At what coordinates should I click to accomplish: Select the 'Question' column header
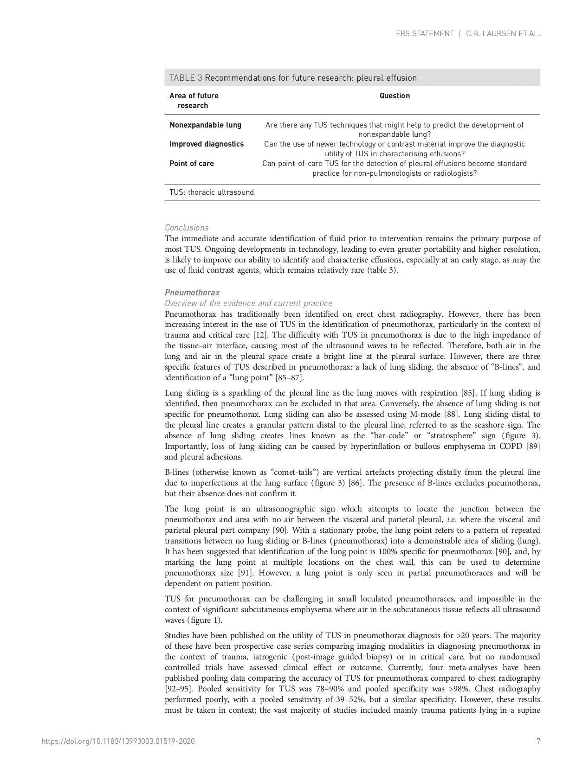(395, 96)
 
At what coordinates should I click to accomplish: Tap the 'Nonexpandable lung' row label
(205, 125)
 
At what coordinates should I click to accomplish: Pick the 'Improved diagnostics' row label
(206, 144)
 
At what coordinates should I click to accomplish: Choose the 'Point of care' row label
(191, 164)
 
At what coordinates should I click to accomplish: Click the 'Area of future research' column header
(194, 101)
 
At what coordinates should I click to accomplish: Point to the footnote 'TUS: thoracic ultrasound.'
(213, 192)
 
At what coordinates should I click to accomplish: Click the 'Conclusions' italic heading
(187, 228)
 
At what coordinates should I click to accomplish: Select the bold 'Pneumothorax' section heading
(192, 293)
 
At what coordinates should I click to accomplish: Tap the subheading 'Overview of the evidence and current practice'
(248, 303)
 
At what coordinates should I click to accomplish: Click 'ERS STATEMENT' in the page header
(424, 34)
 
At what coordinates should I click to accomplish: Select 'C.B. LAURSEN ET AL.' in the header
(503, 34)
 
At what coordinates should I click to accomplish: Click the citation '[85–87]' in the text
(289, 378)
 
